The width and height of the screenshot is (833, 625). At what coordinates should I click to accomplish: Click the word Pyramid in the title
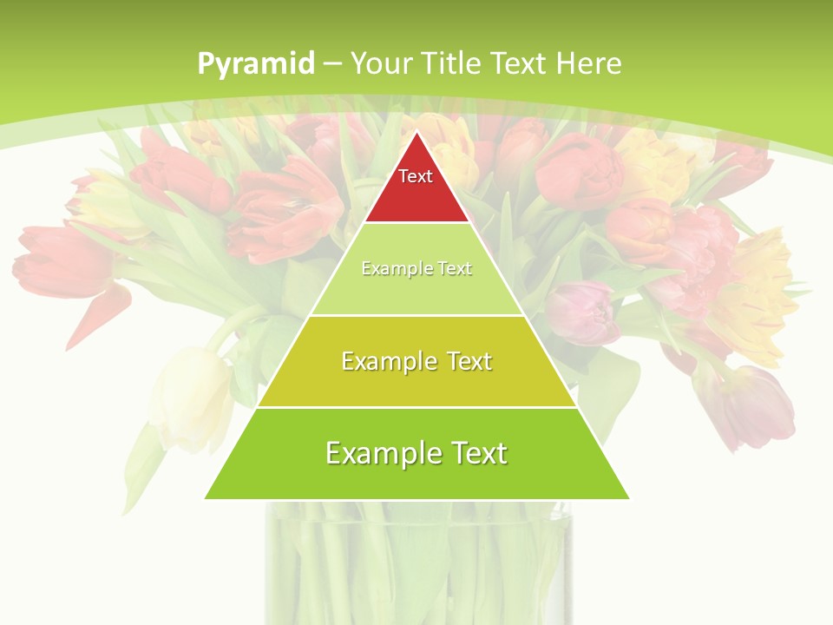[x=255, y=64]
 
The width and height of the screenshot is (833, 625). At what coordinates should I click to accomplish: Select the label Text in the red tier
[x=416, y=176]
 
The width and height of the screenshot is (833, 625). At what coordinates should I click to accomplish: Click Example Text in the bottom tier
[x=416, y=453]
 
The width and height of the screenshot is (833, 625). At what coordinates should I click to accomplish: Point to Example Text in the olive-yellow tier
[x=416, y=361]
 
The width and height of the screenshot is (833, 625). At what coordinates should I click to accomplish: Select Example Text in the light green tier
[x=416, y=269]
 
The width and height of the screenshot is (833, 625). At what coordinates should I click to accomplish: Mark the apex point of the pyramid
[x=417, y=132]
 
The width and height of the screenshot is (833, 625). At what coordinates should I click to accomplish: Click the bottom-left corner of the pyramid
[x=206, y=498]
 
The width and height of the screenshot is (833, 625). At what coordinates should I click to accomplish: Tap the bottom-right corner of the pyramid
[x=629, y=498]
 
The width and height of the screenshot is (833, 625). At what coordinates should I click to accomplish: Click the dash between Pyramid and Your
[x=333, y=64]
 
